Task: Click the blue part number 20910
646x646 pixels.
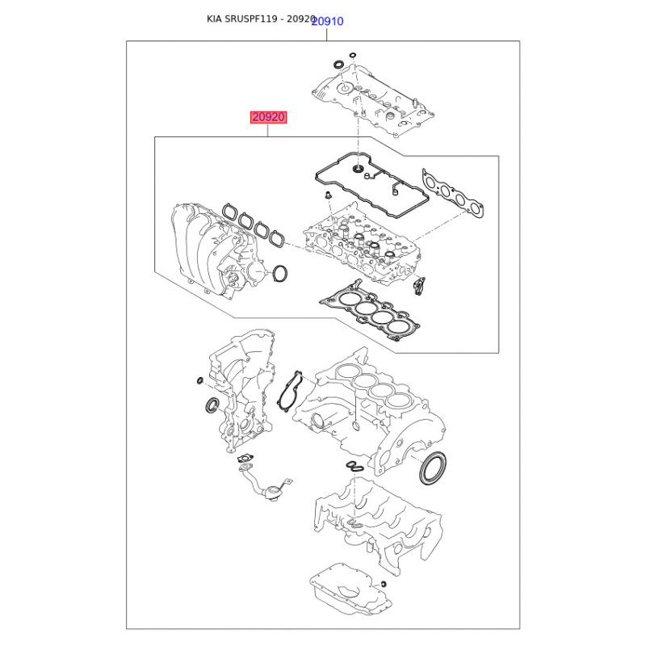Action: point(327,21)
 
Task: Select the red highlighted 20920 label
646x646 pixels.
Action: point(269,117)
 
